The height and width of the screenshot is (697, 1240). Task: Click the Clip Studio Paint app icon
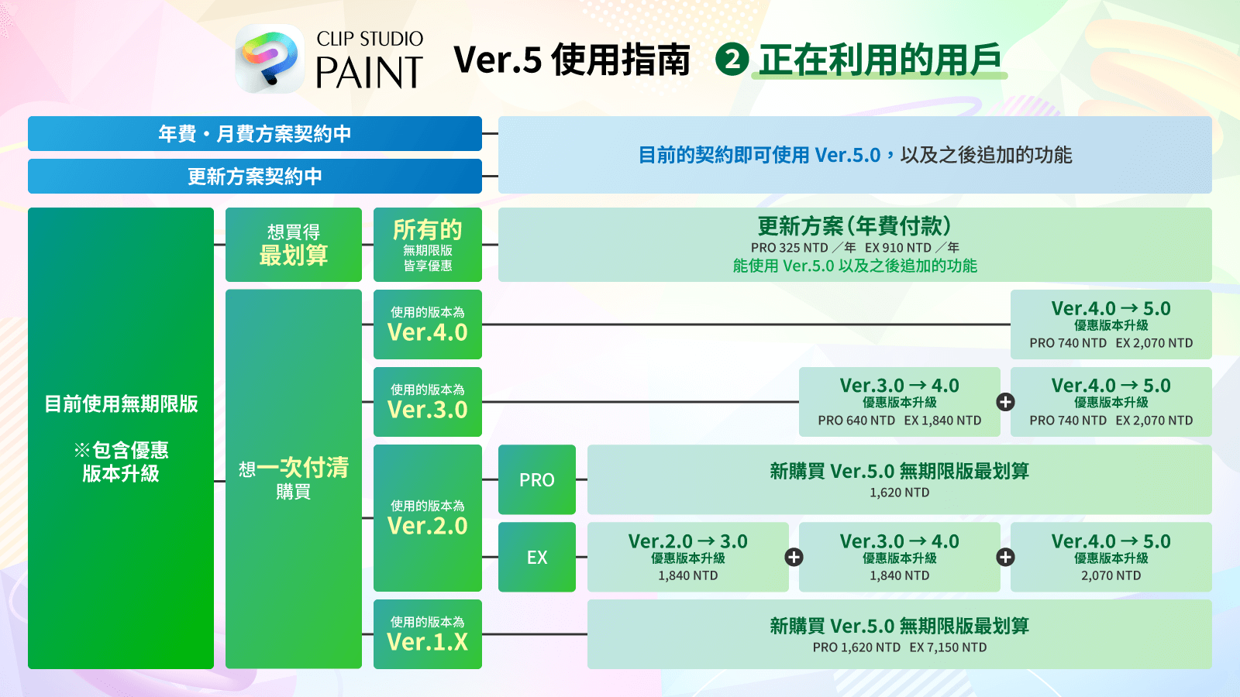(x=270, y=59)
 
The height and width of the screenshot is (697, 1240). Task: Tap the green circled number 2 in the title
(x=732, y=60)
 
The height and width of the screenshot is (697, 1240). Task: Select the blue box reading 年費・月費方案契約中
(x=254, y=134)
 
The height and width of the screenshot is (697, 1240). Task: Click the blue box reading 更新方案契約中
(x=254, y=177)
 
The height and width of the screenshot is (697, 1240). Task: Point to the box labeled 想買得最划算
(x=293, y=245)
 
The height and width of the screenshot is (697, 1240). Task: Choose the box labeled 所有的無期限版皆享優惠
(x=427, y=245)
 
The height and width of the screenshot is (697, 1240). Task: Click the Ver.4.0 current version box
(x=427, y=324)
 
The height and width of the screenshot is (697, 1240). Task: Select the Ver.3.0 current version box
(x=427, y=402)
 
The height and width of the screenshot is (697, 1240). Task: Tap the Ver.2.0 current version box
(x=427, y=518)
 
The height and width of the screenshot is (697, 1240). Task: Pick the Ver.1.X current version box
(x=427, y=634)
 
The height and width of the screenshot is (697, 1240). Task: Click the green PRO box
(x=536, y=479)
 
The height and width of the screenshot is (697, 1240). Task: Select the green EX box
(x=536, y=557)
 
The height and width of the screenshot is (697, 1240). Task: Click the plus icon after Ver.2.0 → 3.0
(x=794, y=557)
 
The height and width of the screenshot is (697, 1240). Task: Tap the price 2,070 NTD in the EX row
(x=1111, y=575)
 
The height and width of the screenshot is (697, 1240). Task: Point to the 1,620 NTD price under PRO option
(x=899, y=493)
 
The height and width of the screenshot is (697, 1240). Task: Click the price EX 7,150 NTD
(x=948, y=647)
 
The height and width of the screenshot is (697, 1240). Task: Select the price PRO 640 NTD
(x=856, y=421)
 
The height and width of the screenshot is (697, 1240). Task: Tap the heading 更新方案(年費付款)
(x=854, y=226)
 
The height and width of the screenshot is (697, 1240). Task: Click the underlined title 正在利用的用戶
(x=880, y=60)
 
